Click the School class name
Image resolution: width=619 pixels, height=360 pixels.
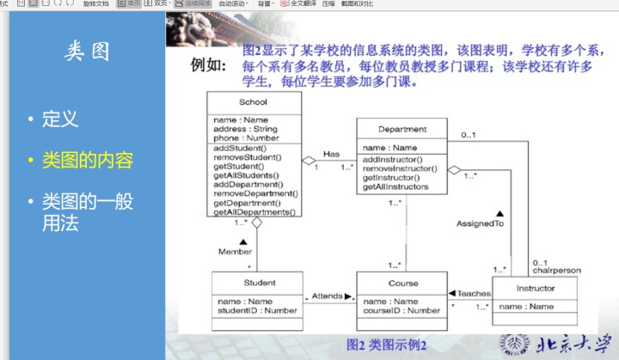click(x=253, y=101)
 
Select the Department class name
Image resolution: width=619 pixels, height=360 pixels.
click(x=401, y=130)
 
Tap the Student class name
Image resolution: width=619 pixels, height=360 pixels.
click(x=259, y=283)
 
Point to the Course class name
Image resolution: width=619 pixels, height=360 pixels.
click(x=402, y=283)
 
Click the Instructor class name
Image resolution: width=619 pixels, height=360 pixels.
click(x=535, y=288)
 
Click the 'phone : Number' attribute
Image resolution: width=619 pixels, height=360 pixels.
click(x=246, y=137)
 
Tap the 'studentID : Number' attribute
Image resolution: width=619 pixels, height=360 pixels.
click(x=257, y=311)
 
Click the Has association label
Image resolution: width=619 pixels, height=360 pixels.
click(x=332, y=155)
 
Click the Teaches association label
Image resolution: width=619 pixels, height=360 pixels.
click(x=473, y=294)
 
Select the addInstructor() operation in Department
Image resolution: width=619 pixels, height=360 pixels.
click(x=392, y=160)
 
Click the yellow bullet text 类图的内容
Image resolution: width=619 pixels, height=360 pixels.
click(x=88, y=161)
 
